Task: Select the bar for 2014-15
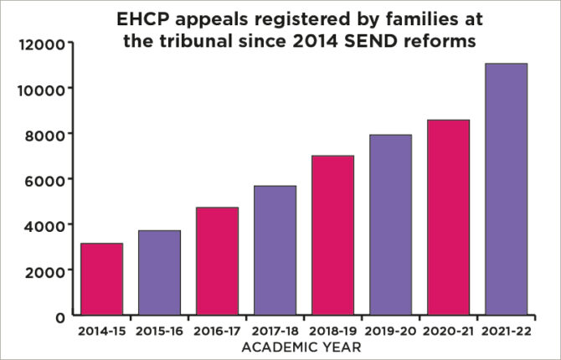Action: tap(102, 280)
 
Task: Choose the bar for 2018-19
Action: tap(332, 235)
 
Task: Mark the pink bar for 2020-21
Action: tap(447, 218)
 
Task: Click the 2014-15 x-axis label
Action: tap(101, 332)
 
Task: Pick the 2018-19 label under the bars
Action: tap(332, 332)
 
